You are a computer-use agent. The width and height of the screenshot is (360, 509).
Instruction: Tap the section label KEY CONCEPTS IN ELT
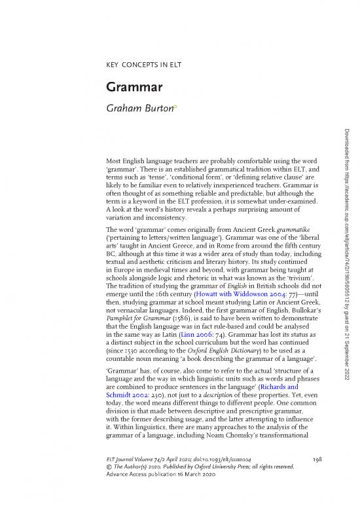[x=144, y=66]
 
